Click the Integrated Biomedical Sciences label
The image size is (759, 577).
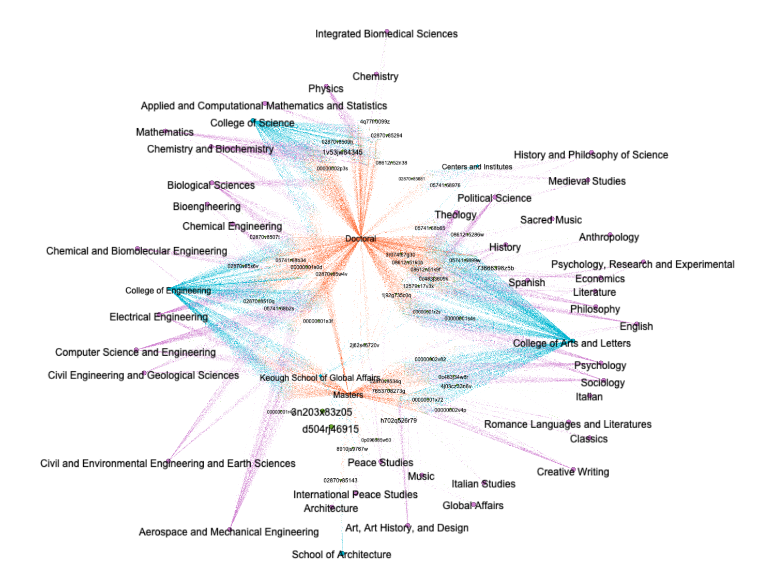[x=386, y=34]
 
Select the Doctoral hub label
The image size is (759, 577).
[x=360, y=239]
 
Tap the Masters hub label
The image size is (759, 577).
[x=348, y=395]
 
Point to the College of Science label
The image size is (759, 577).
[x=252, y=123]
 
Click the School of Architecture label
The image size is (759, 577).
[x=341, y=555]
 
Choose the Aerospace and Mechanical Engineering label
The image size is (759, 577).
[x=229, y=532]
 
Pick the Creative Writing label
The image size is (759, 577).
[x=573, y=472]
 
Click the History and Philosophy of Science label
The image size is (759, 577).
[x=591, y=155]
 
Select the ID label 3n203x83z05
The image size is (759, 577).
[x=322, y=413]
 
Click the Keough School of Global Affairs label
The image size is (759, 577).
[x=320, y=378]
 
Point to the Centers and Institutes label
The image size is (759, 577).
[x=477, y=167]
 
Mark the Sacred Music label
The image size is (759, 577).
[x=551, y=220]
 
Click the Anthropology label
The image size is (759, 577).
[x=609, y=237]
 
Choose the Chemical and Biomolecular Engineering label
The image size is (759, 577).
[x=136, y=251]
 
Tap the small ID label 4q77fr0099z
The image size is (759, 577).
[x=375, y=122]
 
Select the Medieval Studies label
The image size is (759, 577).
[x=587, y=181]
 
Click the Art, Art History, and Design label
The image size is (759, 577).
[x=407, y=528]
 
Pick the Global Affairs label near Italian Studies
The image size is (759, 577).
[x=473, y=506]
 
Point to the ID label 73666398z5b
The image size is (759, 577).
[x=495, y=268]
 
